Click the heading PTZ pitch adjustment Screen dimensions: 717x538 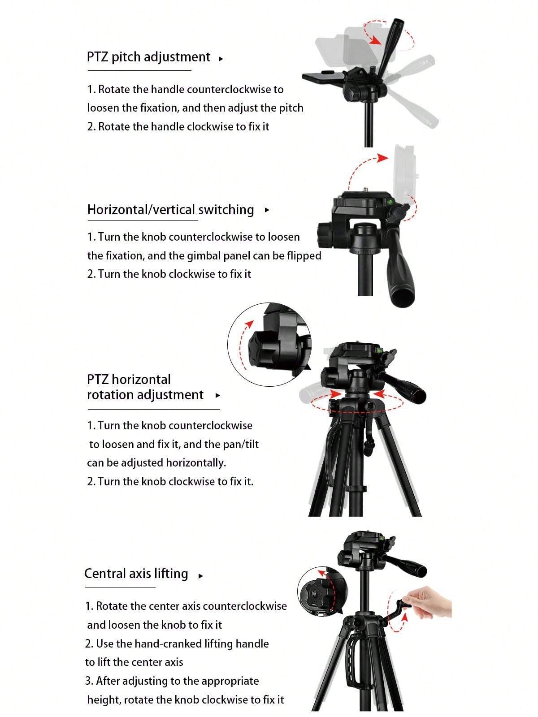148,57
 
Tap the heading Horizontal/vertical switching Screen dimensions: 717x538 170,210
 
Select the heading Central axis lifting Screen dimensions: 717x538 136,574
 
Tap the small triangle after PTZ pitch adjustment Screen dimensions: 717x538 221,59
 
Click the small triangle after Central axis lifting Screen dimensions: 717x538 201,576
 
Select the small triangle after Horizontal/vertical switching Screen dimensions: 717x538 267,210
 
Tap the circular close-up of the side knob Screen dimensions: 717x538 269,344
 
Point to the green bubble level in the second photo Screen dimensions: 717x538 389,202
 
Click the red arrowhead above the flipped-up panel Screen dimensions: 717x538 382,158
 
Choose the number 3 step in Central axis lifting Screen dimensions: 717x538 89,681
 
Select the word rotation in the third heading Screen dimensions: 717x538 110,395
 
